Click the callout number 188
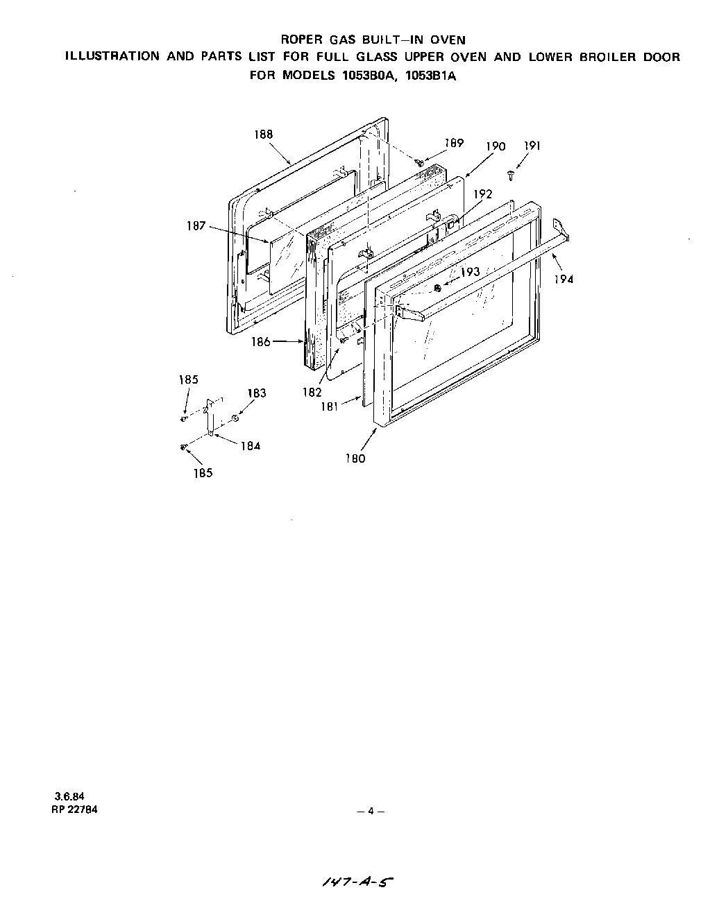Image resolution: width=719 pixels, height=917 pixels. (x=263, y=135)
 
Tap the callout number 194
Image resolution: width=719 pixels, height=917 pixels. (x=564, y=279)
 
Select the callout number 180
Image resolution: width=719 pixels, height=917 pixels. (x=355, y=458)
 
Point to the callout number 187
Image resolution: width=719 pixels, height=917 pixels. (x=196, y=225)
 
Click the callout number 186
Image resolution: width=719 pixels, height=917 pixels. (x=261, y=342)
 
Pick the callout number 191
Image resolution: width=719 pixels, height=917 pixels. (x=532, y=146)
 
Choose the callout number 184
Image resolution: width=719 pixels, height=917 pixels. (x=251, y=446)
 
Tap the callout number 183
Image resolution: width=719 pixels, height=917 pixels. (x=256, y=393)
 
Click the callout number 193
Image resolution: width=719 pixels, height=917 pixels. (x=471, y=272)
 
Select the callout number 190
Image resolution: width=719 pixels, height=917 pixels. (x=496, y=146)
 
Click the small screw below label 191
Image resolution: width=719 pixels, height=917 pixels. (x=511, y=175)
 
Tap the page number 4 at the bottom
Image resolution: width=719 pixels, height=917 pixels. (x=371, y=811)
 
